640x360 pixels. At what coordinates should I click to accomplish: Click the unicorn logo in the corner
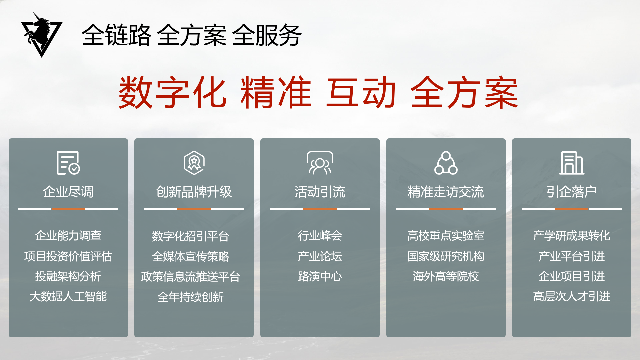(42, 35)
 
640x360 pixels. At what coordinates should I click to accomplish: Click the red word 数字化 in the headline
(173, 92)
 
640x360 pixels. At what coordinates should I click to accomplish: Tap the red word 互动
(361, 92)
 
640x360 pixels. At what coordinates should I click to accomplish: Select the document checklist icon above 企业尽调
(68, 163)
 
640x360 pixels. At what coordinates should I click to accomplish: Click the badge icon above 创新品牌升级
(194, 163)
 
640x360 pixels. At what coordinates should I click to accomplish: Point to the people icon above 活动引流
(320, 163)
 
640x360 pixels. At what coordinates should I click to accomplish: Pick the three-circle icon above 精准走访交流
(446, 163)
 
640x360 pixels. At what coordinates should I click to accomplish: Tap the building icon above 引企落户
(572, 163)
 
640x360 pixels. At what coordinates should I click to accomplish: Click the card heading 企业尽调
(68, 192)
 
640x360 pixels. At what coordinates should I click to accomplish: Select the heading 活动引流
(320, 192)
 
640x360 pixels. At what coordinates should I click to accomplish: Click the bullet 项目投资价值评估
(68, 256)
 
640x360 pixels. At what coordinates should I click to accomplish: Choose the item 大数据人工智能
(68, 296)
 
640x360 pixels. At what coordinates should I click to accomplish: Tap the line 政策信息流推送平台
(190, 277)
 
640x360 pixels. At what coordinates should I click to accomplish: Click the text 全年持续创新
(190, 297)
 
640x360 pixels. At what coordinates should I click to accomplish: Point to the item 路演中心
(320, 276)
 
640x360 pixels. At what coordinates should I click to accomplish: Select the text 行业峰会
(320, 236)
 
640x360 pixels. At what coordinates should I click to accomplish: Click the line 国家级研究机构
(446, 256)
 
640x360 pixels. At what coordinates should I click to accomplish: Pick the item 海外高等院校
(446, 276)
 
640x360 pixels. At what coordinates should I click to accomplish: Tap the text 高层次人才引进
(572, 296)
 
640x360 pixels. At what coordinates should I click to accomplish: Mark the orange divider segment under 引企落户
(572, 209)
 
